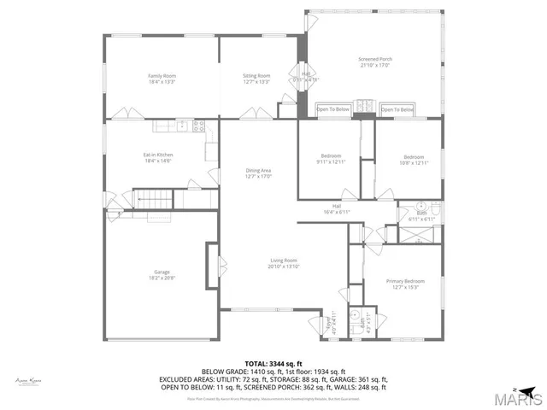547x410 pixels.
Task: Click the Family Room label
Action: click(161, 77)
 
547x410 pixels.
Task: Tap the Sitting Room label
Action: click(256, 77)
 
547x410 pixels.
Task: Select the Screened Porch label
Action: click(375, 59)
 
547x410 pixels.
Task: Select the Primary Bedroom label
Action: click(404, 281)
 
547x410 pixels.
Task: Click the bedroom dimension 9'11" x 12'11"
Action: click(329, 161)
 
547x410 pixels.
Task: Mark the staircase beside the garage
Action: click(155, 202)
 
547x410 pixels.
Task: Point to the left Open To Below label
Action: click(333, 109)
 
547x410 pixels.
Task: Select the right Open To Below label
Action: click(397, 109)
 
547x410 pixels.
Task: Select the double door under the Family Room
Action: click(124, 114)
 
